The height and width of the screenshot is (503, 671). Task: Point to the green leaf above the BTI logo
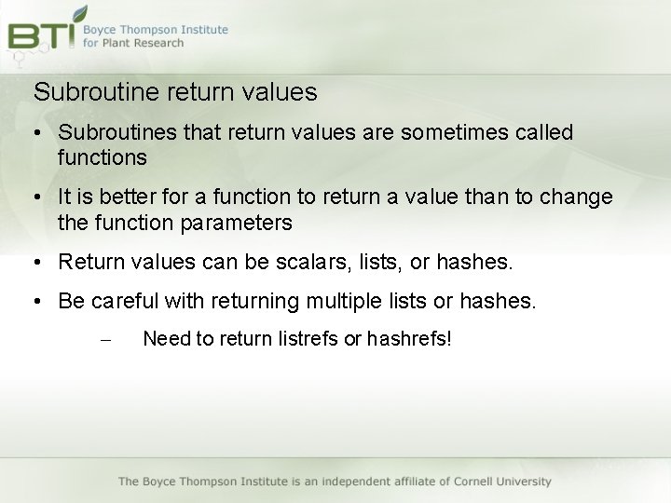point(79,14)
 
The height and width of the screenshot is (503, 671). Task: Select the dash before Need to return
point(104,340)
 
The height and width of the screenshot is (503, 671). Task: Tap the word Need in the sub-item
point(166,338)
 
